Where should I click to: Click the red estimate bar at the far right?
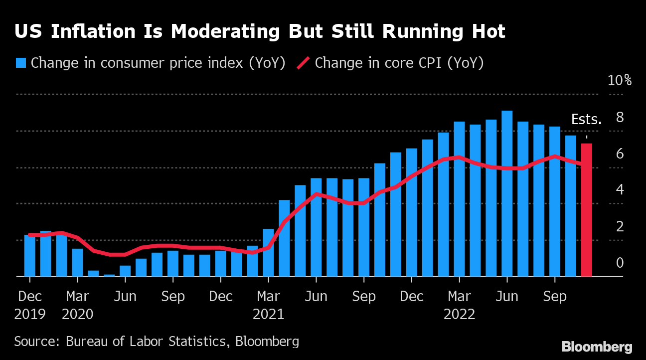[587, 209]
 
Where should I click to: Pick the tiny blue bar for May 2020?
[109, 275]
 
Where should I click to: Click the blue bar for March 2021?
[268, 252]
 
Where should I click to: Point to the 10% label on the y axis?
[620, 80]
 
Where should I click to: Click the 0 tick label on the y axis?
[620, 262]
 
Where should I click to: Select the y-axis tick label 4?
[620, 189]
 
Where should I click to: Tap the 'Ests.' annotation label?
[586, 120]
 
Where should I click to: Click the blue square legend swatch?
[21, 63]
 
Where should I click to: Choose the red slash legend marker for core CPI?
[304, 63]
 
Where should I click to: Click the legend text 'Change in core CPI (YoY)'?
[399, 63]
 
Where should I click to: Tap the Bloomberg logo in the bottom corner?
[597, 347]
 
